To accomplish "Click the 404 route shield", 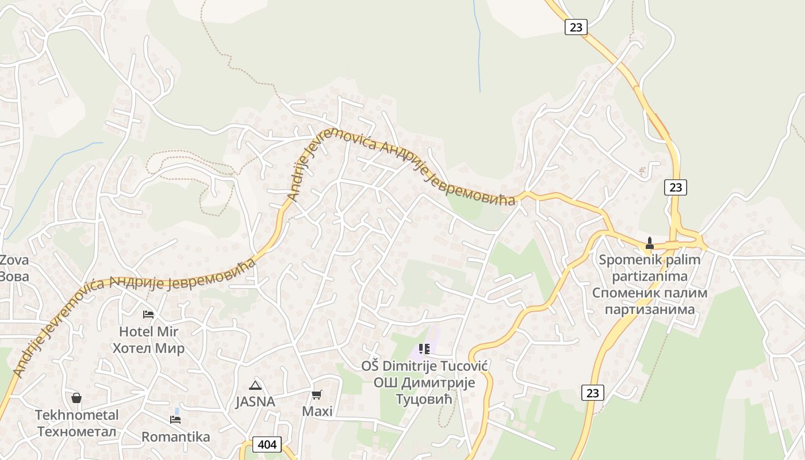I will tap(267, 444).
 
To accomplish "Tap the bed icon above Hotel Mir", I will tap(148, 315).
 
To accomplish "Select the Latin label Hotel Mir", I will tap(148, 332).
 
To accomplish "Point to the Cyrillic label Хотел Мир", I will tap(148, 348).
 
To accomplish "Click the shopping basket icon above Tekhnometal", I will tap(76, 398).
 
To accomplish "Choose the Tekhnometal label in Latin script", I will tap(76, 415).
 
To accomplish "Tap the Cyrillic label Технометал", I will tap(76, 432).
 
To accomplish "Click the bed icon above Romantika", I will tap(175, 420).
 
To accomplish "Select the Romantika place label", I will tap(175, 437).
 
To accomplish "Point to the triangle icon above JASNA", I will tap(255, 385).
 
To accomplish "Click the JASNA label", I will tap(255, 402).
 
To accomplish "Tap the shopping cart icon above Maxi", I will tap(317, 394).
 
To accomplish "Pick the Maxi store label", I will tap(317, 412).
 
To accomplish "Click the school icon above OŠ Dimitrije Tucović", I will tap(424, 349).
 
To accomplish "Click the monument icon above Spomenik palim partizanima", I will tap(650, 243).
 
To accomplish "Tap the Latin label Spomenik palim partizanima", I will tap(650, 268).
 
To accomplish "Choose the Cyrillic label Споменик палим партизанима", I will tap(650, 301).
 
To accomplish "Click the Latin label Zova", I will tap(14, 260).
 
